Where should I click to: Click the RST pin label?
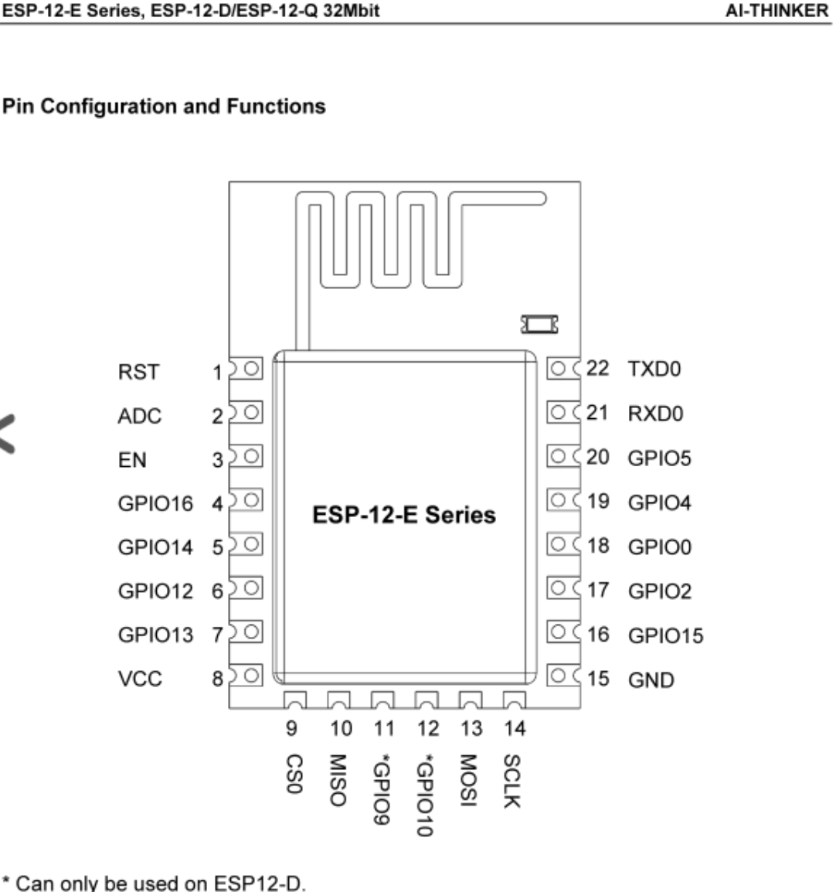click(138, 372)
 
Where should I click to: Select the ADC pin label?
click(139, 416)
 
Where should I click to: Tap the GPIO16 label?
click(155, 503)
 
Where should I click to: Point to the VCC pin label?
click(140, 679)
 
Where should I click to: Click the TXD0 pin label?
click(654, 369)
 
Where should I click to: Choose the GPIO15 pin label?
click(665, 635)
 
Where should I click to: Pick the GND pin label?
click(651, 679)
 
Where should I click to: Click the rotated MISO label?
click(338, 780)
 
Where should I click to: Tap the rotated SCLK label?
click(511, 781)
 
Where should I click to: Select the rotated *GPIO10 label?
click(425, 795)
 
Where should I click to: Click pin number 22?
click(597, 368)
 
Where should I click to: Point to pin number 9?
click(291, 728)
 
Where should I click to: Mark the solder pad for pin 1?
click(246, 369)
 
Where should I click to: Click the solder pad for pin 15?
click(563, 676)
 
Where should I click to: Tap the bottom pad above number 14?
click(514, 700)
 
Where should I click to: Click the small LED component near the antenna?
click(540, 325)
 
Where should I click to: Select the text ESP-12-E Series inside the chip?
click(404, 515)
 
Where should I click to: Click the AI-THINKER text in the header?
click(777, 11)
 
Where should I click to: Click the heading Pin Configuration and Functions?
click(164, 107)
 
